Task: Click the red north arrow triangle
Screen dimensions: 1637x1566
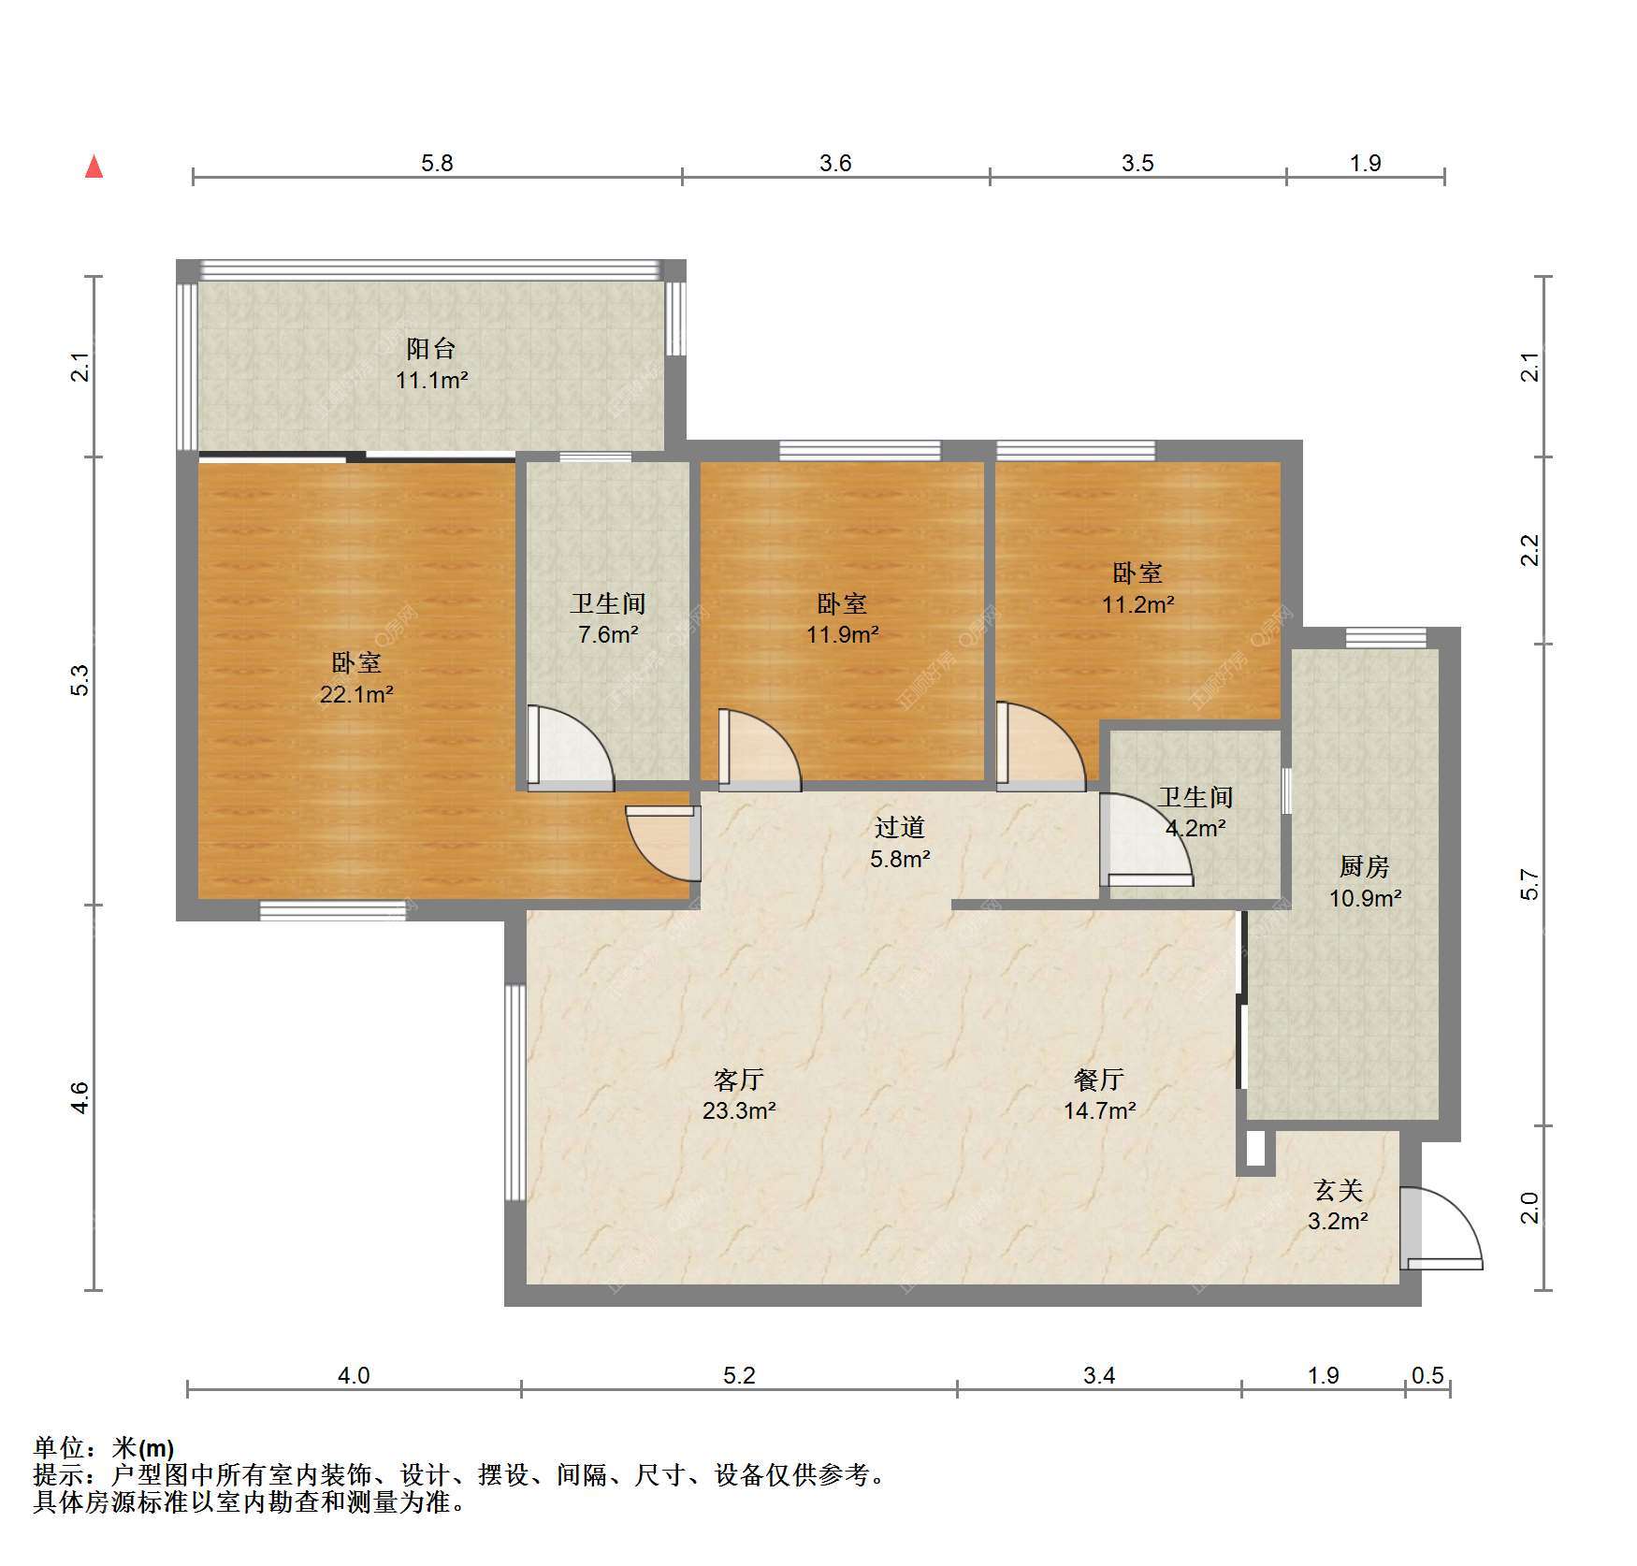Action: tap(94, 167)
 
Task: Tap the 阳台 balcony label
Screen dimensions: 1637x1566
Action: tap(431, 349)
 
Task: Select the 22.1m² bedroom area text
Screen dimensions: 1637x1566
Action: tap(356, 694)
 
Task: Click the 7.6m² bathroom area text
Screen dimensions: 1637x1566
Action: tap(608, 634)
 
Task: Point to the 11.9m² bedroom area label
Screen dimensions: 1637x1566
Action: tap(842, 634)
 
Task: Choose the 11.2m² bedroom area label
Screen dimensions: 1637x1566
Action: tap(1137, 604)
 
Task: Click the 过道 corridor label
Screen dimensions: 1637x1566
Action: tap(900, 827)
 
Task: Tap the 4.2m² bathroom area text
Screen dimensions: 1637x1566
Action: tap(1195, 828)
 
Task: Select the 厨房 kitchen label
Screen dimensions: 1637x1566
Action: tap(1365, 867)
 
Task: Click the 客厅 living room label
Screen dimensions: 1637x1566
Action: tap(739, 1080)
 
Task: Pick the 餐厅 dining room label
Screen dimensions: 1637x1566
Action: tap(1099, 1080)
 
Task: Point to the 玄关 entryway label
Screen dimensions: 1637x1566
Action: tap(1339, 1190)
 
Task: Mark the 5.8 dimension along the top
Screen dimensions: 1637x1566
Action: tap(437, 163)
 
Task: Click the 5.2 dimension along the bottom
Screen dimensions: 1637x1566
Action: tap(739, 1375)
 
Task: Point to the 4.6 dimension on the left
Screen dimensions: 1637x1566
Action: tap(80, 1097)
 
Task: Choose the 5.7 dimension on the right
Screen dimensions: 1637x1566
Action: tap(1529, 884)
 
